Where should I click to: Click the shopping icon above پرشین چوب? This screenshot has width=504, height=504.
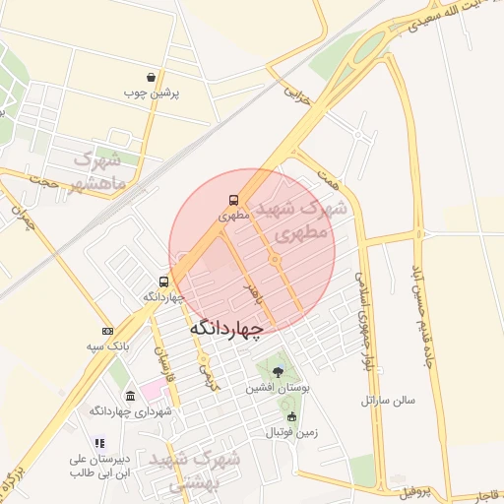point(151,77)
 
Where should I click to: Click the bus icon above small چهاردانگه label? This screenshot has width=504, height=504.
point(163,282)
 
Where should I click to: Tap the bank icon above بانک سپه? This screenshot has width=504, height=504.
point(107,331)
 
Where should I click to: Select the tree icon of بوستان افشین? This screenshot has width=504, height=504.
point(278,373)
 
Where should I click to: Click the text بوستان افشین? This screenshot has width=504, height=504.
point(278,389)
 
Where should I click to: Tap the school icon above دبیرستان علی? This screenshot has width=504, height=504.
point(97,444)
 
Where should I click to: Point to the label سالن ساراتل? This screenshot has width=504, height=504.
point(389,401)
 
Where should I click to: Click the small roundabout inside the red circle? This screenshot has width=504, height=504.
point(275,259)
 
